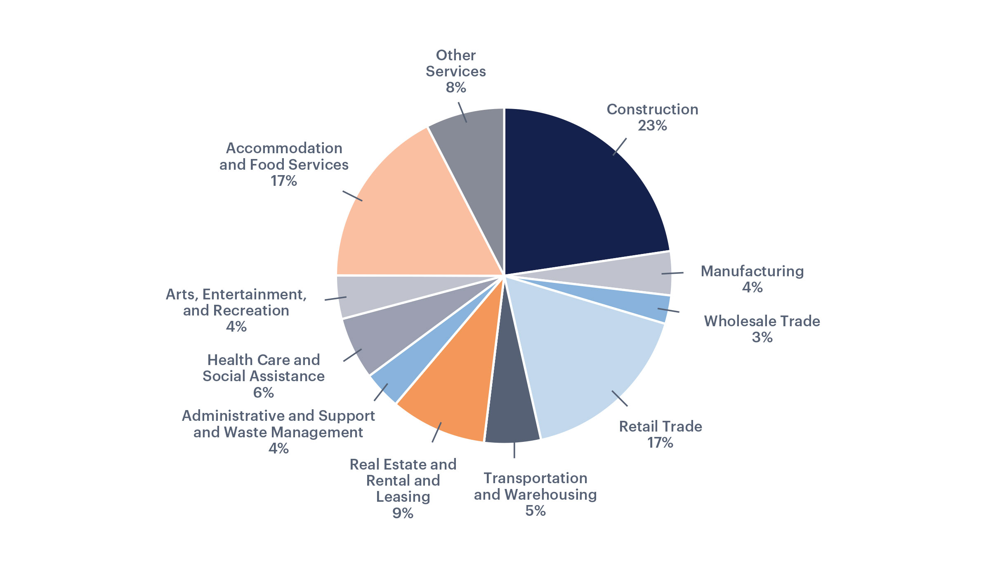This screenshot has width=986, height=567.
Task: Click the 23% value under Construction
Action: (x=652, y=126)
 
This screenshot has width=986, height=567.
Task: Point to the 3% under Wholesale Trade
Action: (x=762, y=337)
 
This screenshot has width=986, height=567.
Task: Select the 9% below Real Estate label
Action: (x=403, y=513)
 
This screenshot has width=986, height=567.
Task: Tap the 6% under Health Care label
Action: (x=264, y=392)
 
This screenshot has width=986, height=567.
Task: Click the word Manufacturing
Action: (x=752, y=271)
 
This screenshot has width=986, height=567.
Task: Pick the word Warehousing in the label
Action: (x=550, y=494)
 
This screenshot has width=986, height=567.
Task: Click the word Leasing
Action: (x=403, y=497)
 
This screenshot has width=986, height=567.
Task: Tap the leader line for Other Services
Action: (x=462, y=112)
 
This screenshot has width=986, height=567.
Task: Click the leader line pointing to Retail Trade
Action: (x=620, y=399)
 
